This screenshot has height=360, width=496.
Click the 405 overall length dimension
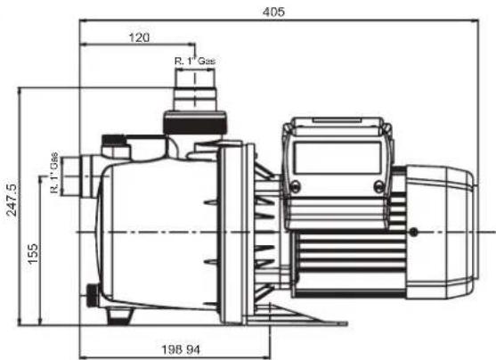click(x=273, y=12)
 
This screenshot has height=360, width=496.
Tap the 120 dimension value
click(x=139, y=37)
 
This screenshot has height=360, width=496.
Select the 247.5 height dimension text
click(x=12, y=200)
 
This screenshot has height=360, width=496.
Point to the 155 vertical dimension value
click(x=32, y=253)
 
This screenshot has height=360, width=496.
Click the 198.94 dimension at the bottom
click(x=181, y=350)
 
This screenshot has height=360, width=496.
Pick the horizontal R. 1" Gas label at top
click(x=195, y=61)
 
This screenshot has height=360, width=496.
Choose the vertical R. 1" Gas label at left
click(x=54, y=173)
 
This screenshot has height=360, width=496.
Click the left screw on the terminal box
click(x=295, y=186)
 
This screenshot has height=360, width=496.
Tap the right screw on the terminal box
click(x=379, y=186)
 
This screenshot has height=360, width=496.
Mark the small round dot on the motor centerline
click(x=413, y=233)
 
